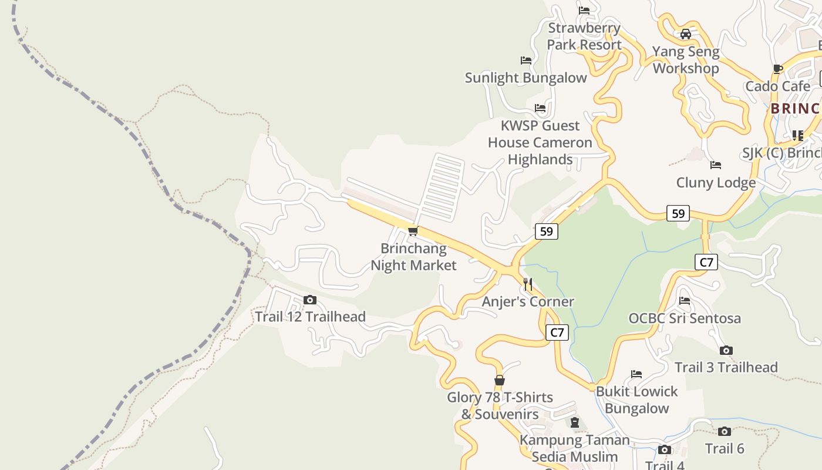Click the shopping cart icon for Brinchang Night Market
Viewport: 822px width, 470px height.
pyautogui.click(x=413, y=231)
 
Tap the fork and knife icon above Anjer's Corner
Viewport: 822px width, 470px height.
pyautogui.click(x=528, y=285)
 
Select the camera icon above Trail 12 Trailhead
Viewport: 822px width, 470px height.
pyautogui.click(x=310, y=300)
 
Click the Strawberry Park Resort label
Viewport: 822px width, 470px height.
pyautogui.click(x=584, y=36)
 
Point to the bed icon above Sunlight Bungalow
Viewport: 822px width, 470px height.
pyautogui.click(x=526, y=61)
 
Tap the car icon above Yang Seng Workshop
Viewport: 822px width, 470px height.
pyautogui.click(x=686, y=34)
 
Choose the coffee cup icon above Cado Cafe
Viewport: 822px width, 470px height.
pyautogui.click(x=778, y=69)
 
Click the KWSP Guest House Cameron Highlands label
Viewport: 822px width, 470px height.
pyautogui.click(x=540, y=142)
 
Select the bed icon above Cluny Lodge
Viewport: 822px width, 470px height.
pyautogui.click(x=716, y=165)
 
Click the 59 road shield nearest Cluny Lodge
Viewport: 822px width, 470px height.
pyautogui.click(x=678, y=213)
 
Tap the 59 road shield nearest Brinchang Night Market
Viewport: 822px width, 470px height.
pyautogui.click(x=546, y=231)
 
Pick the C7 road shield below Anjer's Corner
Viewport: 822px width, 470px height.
pyautogui.click(x=557, y=333)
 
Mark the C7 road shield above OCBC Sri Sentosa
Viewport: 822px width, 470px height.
pyautogui.click(x=706, y=262)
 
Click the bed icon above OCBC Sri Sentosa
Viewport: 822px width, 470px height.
pyautogui.click(x=685, y=301)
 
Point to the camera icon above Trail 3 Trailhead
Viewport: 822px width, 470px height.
pyautogui.click(x=726, y=351)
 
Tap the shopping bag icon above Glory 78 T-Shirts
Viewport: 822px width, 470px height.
pyautogui.click(x=499, y=380)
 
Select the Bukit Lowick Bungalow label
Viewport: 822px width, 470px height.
pyautogui.click(x=636, y=399)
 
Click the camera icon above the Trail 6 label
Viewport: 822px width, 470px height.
pyautogui.click(x=725, y=432)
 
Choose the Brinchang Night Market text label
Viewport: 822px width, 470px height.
pyautogui.click(x=413, y=257)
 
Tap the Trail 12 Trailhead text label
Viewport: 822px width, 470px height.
pyautogui.click(x=310, y=317)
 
